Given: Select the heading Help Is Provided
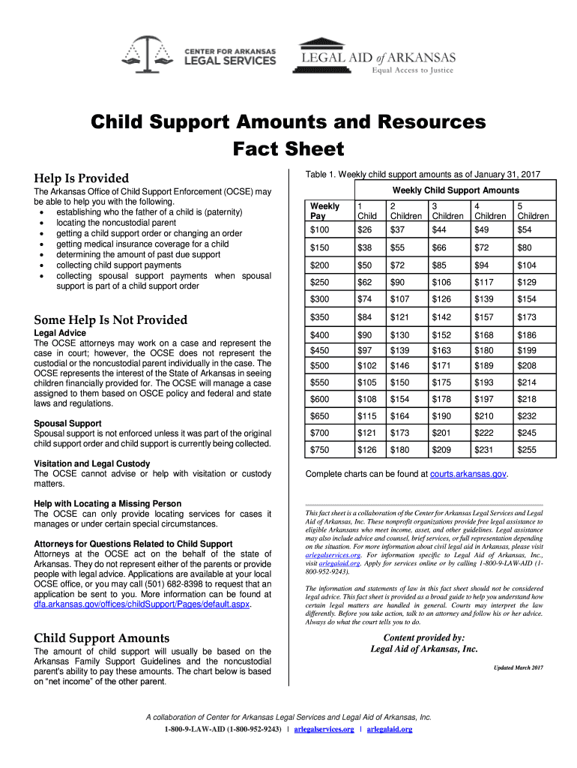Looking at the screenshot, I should (x=81, y=178).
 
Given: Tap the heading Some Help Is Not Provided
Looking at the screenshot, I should (x=110, y=320).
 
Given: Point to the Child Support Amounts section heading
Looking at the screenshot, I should (x=101, y=638).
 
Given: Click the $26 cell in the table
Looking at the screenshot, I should (x=366, y=229).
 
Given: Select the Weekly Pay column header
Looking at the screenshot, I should (x=324, y=211).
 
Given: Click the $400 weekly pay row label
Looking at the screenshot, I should (x=321, y=334).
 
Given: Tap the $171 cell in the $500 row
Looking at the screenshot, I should (x=442, y=366).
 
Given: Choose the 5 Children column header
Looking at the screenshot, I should (x=533, y=211).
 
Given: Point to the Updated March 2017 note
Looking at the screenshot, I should (x=518, y=667).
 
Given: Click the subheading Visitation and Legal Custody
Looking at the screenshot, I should (x=91, y=463).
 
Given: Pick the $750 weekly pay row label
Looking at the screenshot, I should (x=321, y=450).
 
